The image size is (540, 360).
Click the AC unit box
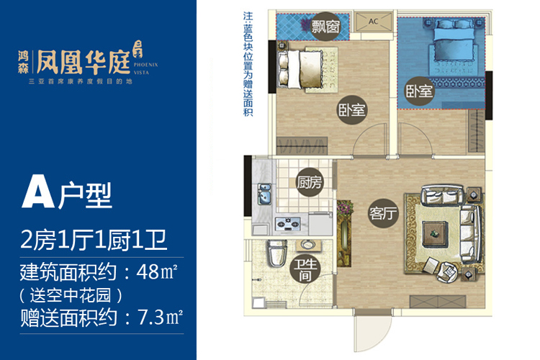[374, 21]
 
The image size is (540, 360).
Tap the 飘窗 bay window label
[325, 27]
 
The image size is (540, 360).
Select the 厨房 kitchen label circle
[310, 182]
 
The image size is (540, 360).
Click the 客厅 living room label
[383, 213]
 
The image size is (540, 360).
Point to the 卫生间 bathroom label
[305, 270]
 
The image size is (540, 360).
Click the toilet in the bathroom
[277, 253]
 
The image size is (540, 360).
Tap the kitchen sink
[264, 194]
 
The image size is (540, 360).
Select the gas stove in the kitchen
[288, 224]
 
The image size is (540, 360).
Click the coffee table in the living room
[435, 234]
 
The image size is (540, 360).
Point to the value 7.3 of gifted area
[150, 318]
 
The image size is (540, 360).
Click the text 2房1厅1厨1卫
[94, 240]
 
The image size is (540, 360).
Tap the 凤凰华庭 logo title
[83, 63]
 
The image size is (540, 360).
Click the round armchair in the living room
[447, 272]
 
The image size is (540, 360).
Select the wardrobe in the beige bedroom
[302, 145]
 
